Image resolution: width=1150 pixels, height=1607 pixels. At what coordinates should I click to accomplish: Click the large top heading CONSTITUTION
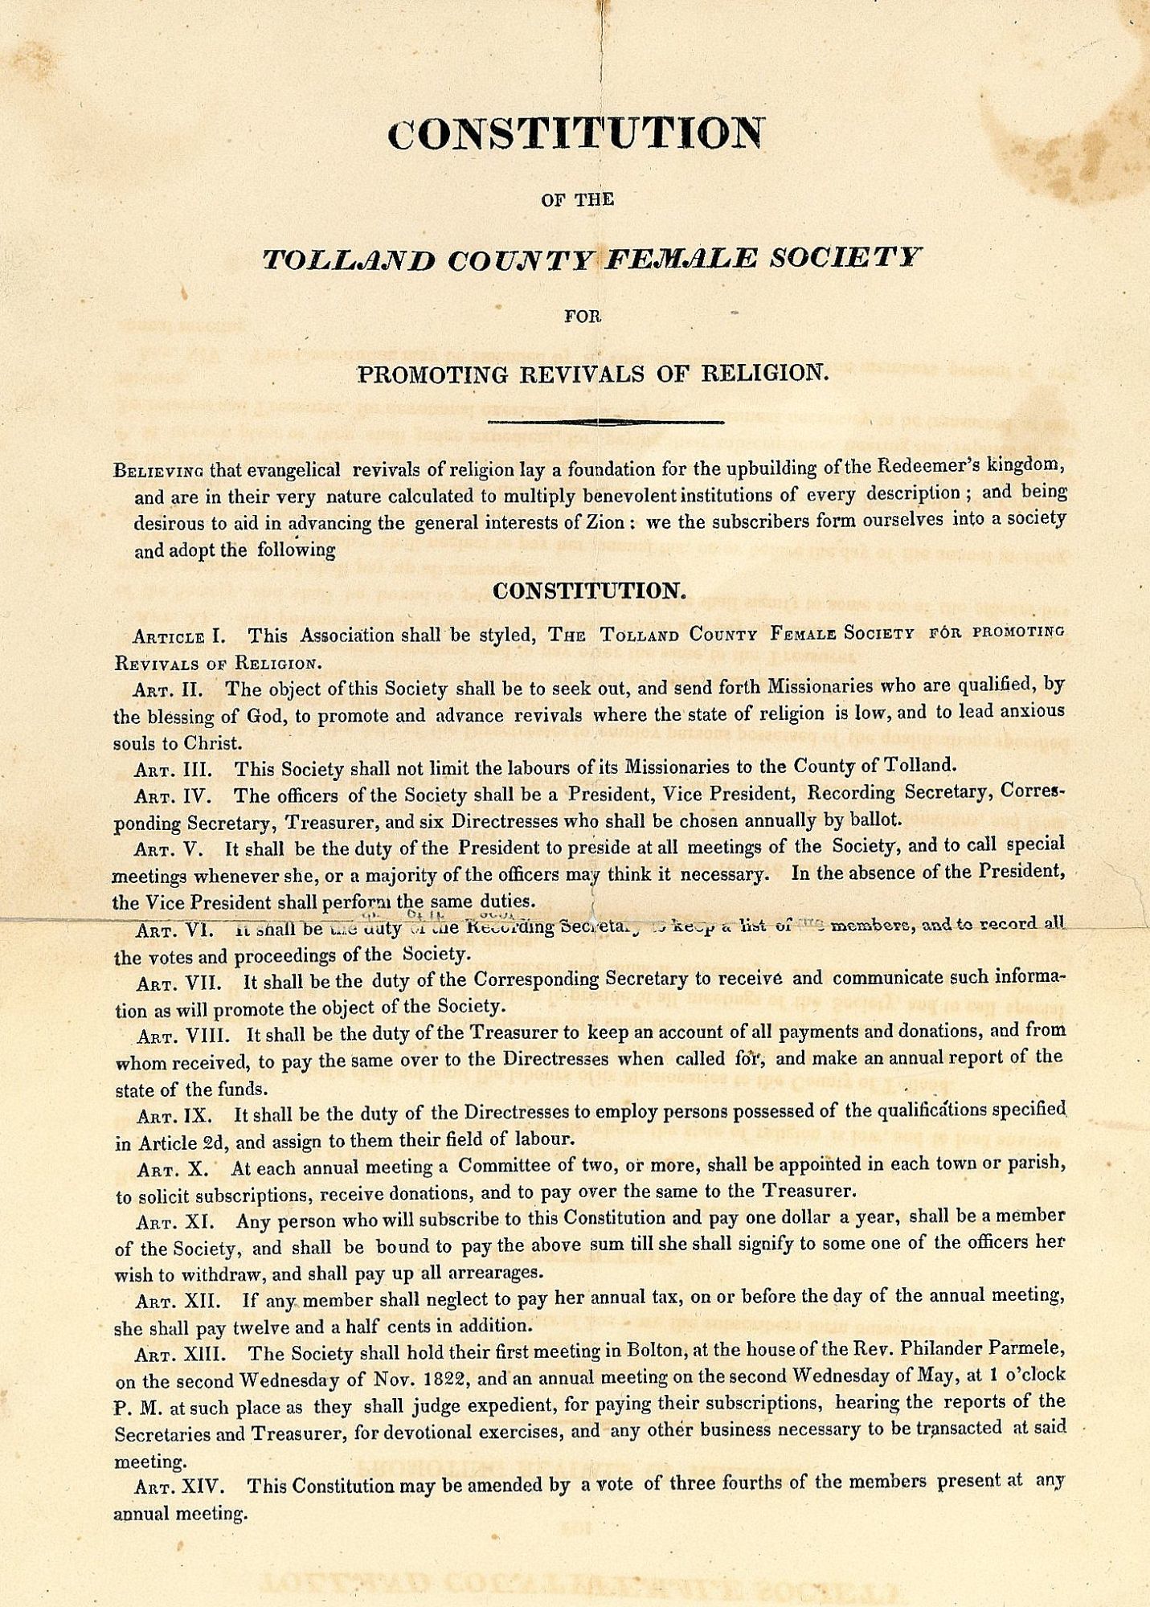pyautogui.click(x=575, y=133)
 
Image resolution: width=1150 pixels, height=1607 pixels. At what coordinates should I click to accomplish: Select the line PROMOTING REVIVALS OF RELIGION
pyautogui.click(x=592, y=374)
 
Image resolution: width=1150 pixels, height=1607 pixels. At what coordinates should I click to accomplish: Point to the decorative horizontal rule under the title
pyautogui.click(x=606, y=421)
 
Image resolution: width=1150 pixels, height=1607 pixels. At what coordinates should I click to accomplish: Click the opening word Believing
pyautogui.click(x=158, y=471)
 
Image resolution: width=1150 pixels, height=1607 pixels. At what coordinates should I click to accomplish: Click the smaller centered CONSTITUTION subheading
pyautogui.click(x=589, y=591)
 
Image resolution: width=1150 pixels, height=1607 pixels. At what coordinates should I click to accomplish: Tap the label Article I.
pyautogui.click(x=179, y=636)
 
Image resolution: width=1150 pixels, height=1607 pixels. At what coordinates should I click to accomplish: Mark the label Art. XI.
pyautogui.click(x=176, y=1222)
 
